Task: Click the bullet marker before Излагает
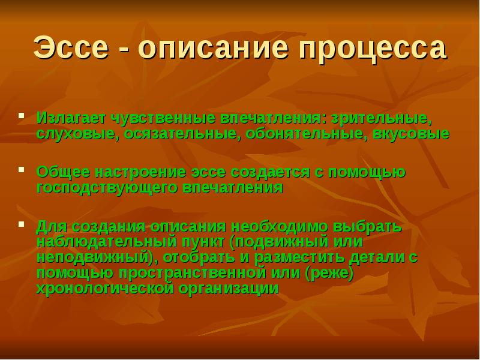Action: point(22,114)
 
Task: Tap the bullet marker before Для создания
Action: point(22,224)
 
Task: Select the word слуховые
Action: point(76,133)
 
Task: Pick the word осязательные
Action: point(181,133)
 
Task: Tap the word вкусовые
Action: point(410,133)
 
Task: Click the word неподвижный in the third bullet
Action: point(92,257)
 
